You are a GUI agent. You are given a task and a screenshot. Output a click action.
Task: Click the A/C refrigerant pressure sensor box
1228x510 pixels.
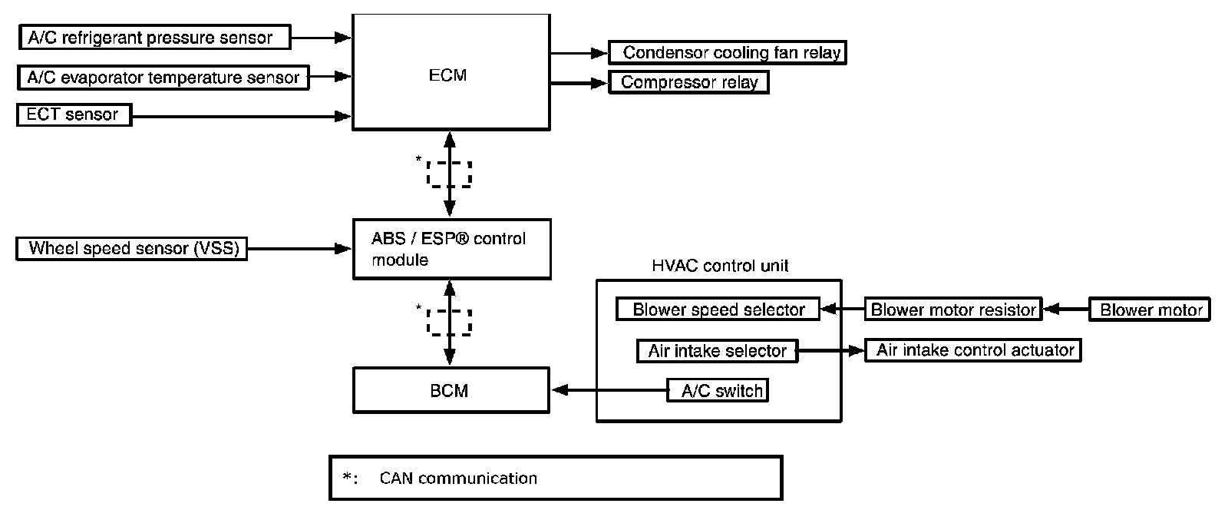pyautogui.click(x=154, y=38)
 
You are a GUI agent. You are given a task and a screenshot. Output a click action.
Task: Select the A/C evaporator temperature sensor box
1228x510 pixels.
pyautogui.click(x=163, y=77)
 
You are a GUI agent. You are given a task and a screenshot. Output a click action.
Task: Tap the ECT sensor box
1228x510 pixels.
pyautogui.click(x=74, y=115)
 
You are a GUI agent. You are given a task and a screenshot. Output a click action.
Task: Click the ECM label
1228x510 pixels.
pyautogui.click(x=448, y=75)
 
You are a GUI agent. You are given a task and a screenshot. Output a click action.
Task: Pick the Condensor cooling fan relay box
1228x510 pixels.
pyautogui.click(x=727, y=53)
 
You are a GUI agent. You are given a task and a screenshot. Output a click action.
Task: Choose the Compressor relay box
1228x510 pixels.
pyautogui.click(x=688, y=82)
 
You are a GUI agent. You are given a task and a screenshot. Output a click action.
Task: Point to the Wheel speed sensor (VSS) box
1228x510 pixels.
pyautogui.click(x=132, y=249)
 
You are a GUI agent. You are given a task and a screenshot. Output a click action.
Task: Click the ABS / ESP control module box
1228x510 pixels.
pyautogui.click(x=451, y=249)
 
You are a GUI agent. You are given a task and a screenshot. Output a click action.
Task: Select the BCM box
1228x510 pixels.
pyautogui.click(x=451, y=390)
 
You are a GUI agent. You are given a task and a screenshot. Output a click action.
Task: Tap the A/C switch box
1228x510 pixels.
pyautogui.click(x=718, y=390)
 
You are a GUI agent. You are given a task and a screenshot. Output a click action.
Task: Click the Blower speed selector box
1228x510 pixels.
pyautogui.click(x=718, y=310)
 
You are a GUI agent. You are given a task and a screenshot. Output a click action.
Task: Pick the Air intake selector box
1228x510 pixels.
pyautogui.click(x=718, y=351)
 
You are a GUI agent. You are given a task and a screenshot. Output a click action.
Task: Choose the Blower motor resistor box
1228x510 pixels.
pyautogui.click(x=953, y=310)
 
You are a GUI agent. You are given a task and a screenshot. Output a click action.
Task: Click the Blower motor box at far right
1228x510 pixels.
pyautogui.click(x=1150, y=310)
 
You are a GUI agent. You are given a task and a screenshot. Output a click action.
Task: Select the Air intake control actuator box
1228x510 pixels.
pyautogui.click(x=973, y=350)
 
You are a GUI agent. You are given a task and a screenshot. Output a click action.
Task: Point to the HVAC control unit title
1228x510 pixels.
pyautogui.click(x=719, y=267)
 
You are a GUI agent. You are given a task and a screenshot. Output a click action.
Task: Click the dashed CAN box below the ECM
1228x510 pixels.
pyautogui.click(x=449, y=174)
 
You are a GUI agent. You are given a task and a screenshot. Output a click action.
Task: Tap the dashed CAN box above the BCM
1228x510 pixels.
pyautogui.click(x=449, y=322)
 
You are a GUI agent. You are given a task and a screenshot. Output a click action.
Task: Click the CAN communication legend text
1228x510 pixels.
pyautogui.click(x=457, y=479)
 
